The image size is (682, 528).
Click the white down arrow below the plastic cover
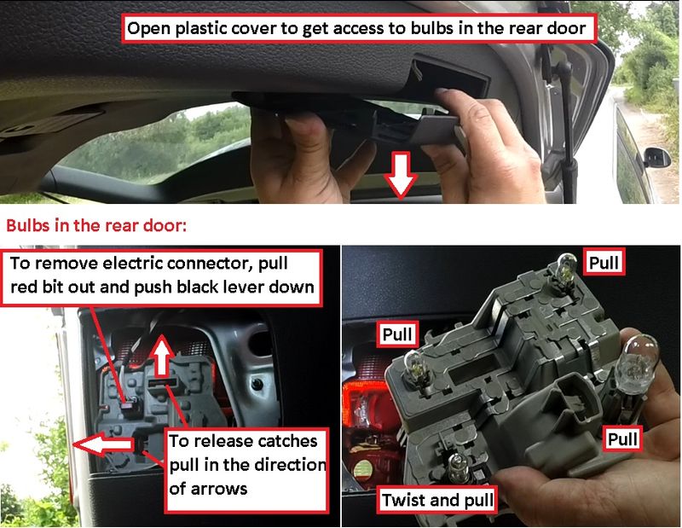pyautogui.click(x=401, y=175)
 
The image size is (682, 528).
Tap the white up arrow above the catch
pyautogui.click(x=162, y=355)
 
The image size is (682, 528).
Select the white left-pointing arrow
pyautogui.click(x=103, y=444)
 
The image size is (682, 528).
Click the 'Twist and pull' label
pyautogui.click(x=437, y=500)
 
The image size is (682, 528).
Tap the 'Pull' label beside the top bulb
pyautogui.click(x=604, y=263)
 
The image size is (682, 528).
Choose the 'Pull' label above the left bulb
pyautogui.click(x=396, y=334)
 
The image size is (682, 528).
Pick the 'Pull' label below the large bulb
pyautogui.click(x=623, y=438)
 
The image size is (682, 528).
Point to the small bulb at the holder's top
pyautogui.click(x=566, y=267)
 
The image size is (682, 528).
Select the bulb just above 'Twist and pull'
pyautogui.click(x=457, y=467)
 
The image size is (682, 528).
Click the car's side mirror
pyautogui.click(x=656, y=157)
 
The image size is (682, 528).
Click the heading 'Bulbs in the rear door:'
pyautogui.click(x=96, y=225)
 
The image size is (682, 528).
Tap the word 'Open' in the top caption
pyautogui.click(x=147, y=29)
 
